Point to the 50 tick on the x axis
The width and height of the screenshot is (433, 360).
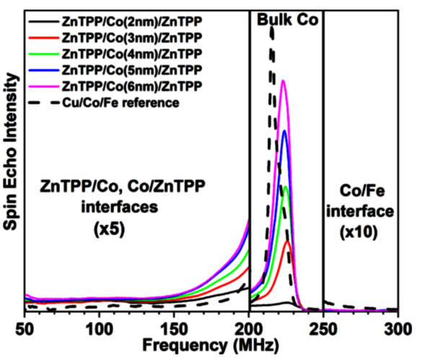pos(25,324)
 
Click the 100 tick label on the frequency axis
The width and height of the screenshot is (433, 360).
pos(99,324)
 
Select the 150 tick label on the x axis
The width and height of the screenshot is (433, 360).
pos(174,324)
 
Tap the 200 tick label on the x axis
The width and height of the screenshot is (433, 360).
pos(249,324)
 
